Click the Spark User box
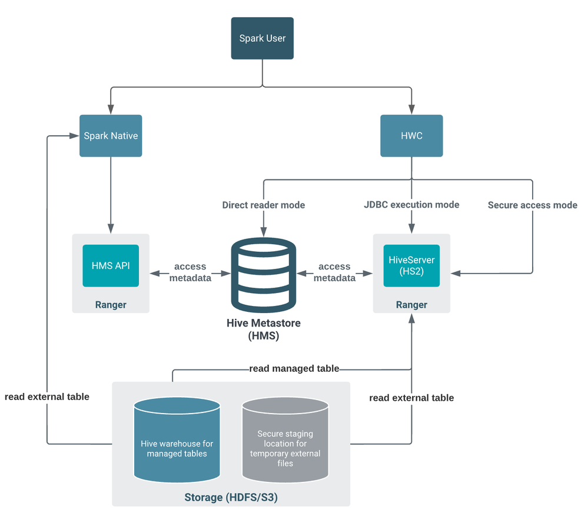point(262,38)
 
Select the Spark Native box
point(111,136)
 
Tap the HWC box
point(411,136)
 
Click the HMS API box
point(111,265)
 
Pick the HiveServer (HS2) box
point(411,265)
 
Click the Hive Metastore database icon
point(263,274)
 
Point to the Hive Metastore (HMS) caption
point(263,329)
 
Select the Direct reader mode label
point(263,205)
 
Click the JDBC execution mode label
point(411,205)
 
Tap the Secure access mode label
point(532,205)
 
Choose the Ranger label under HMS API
point(111,305)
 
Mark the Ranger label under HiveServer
point(411,305)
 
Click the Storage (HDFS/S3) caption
point(231,498)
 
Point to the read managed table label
point(294,369)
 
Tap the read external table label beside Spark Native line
point(47,397)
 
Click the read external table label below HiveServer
point(411,398)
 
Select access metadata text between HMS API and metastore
point(190,272)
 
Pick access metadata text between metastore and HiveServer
point(334,272)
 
